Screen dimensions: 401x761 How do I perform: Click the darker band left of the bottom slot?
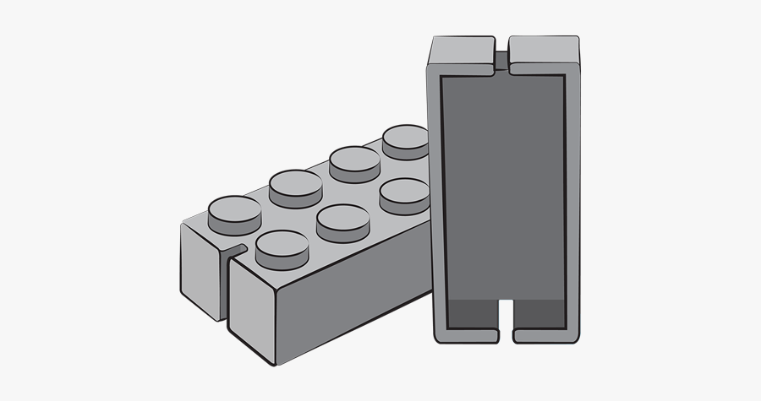click(471, 314)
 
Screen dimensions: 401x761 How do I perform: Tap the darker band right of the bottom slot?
click(539, 314)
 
